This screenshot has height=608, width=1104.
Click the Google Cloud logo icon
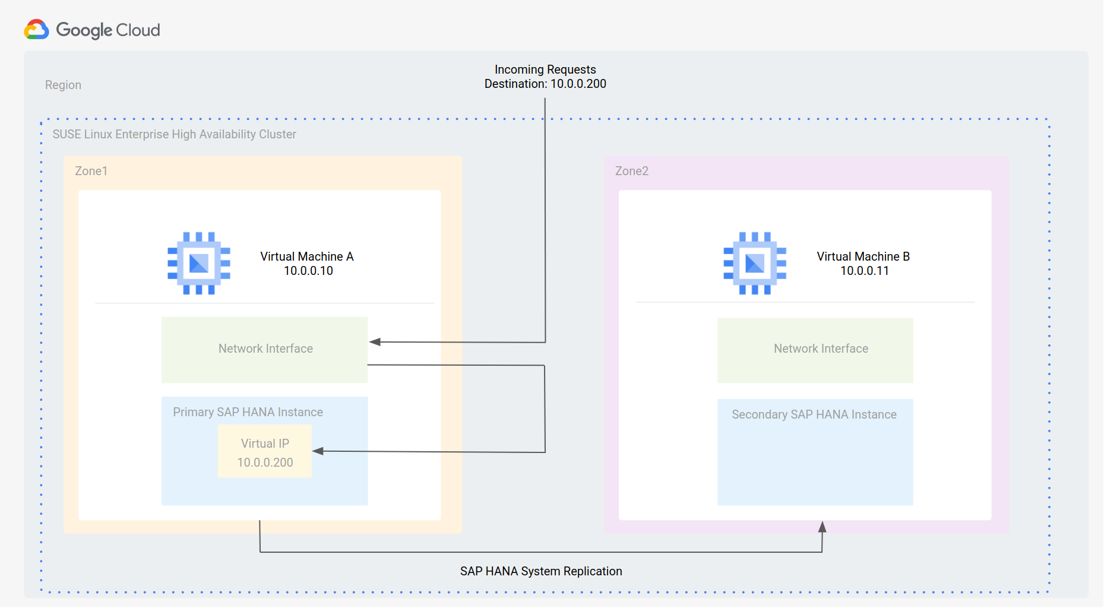click(x=36, y=30)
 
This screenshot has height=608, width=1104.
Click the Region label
click(x=63, y=85)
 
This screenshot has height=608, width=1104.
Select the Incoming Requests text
click(x=545, y=69)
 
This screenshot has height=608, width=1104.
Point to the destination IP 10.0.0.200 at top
click(x=578, y=84)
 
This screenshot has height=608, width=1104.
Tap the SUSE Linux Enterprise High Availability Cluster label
click(x=174, y=134)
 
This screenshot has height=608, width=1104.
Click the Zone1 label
click(x=91, y=171)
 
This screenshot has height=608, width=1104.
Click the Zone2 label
click(x=631, y=171)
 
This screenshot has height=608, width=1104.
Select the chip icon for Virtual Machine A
click(x=198, y=263)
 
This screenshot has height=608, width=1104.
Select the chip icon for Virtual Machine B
click(x=754, y=263)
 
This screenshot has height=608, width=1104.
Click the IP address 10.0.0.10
click(x=308, y=271)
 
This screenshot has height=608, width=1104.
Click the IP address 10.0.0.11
click(x=864, y=271)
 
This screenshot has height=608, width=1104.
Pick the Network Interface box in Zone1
click(x=265, y=349)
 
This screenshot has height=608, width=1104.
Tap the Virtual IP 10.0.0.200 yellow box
click(x=265, y=451)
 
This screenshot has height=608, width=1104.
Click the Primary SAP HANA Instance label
click(x=248, y=412)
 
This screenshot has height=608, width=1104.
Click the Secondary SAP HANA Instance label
click(x=814, y=414)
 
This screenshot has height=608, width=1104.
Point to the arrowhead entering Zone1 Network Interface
click(x=375, y=341)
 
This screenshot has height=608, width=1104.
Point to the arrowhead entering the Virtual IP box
click(x=318, y=451)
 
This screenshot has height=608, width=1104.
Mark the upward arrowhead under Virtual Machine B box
click(x=822, y=527)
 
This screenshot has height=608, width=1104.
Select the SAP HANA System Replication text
click(x=540, y=571)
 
